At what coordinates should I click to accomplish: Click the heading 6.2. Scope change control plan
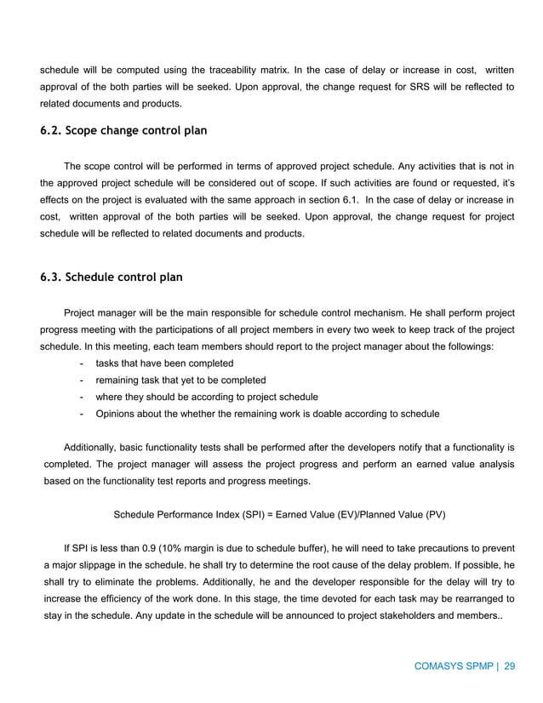(123, 132)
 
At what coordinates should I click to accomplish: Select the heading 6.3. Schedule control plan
(111, 277)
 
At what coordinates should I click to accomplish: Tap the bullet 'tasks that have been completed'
(164, 363)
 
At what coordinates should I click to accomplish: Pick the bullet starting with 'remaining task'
(180, 380)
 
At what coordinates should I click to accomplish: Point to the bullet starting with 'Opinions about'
(267, 414)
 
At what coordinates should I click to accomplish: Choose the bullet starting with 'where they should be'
(207, 397)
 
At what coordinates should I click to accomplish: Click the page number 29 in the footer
(510, 666)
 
